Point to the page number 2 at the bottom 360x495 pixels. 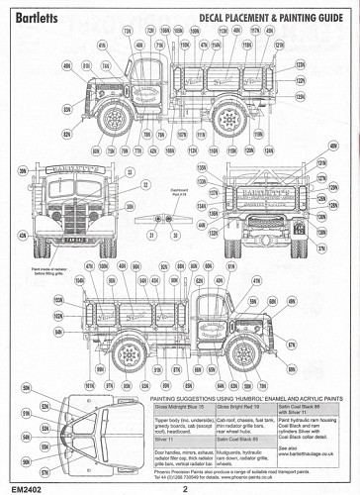(x=184, y=486)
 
